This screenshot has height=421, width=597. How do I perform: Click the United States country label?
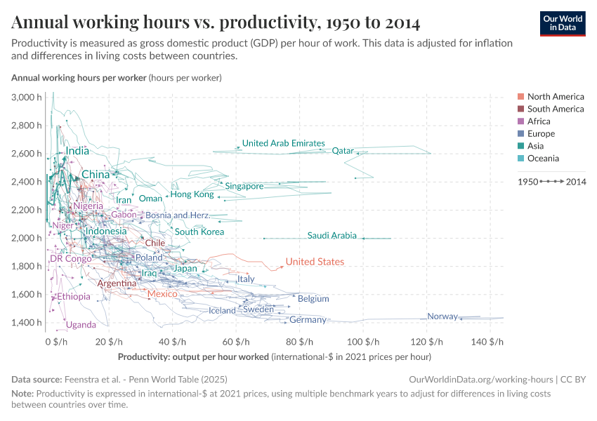tap(315, 262)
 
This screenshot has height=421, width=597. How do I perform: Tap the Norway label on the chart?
tap(442, 316)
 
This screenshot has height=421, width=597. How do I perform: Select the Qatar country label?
tap(343, 150)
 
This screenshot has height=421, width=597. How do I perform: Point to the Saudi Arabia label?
tap(332, 236)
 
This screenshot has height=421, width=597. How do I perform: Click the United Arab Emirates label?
tap(283, 143)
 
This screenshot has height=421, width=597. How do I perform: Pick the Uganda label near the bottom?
tap(81, 325)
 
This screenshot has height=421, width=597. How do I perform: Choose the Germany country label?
tap(308, 320)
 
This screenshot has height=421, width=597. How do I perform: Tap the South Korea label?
tap(199, 232)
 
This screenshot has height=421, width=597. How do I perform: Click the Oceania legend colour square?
tap(520, 159)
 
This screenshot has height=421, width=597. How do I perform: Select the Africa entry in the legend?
tap(539, 121)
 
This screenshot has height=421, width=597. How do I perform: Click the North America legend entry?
tap(555, 97)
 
